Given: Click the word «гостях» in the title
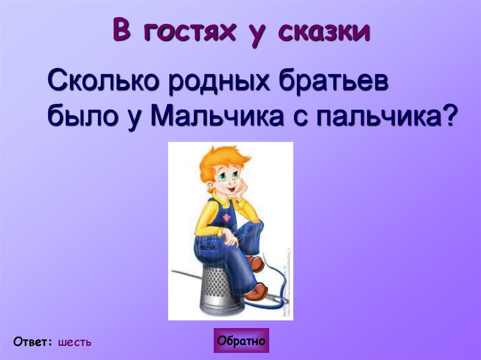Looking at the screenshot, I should [x=192, y=32].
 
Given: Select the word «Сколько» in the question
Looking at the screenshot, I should [x=97, y=83].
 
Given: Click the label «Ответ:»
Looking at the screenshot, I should [x=33, y=342].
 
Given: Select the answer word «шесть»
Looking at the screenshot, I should [x=75, y=342].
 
